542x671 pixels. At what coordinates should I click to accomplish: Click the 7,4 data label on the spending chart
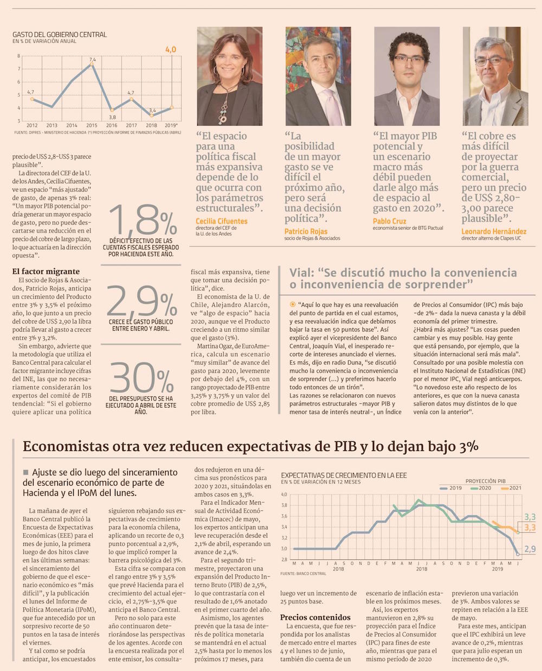pos(92,60)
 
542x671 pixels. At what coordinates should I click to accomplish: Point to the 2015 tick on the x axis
pos(92,125)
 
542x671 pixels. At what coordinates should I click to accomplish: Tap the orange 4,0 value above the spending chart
pos(171,49)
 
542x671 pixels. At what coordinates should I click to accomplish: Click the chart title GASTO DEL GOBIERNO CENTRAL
pos(60,35)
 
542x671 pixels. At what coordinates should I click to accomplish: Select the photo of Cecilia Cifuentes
pos(230,76)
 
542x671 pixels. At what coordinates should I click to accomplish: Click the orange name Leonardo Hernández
pos(494,231)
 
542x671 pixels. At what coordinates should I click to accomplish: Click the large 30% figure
pos(141,377)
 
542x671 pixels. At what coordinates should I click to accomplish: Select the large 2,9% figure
pos(142,300)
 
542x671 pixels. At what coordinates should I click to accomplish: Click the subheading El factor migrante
pos(46,271)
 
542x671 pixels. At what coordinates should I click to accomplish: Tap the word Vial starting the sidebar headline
pos(301,273)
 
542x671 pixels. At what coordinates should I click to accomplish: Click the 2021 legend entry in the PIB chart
pos(511,488)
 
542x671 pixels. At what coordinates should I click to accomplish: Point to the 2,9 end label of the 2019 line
pos(530,549)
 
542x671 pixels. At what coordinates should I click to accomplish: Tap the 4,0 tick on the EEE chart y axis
pos(284,494)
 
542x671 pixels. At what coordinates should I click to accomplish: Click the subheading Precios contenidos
pos(315,617)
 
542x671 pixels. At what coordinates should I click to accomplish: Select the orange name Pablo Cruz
pos(390,221)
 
